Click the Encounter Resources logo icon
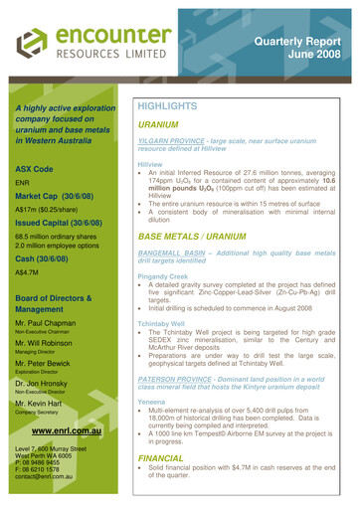[37, 41]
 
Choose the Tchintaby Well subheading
[164, 337]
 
